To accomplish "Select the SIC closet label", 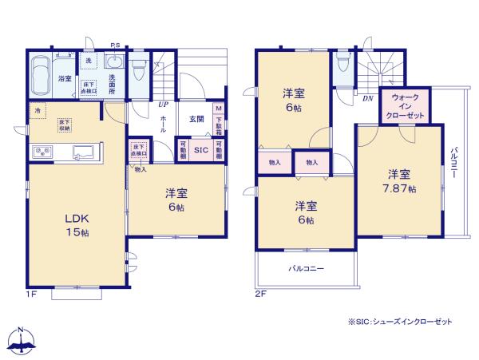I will click(200, 149).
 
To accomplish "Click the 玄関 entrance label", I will click(196, 119).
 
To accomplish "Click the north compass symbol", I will click(22, 338).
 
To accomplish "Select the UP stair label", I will click(163, 104).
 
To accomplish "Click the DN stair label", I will click(368, 98).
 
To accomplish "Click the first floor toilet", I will click(139, 70).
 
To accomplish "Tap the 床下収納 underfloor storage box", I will click(63, 123).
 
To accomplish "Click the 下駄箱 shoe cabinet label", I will click(218, 120).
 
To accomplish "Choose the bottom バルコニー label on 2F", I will click(306, 270).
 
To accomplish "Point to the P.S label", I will click(115, 45).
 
